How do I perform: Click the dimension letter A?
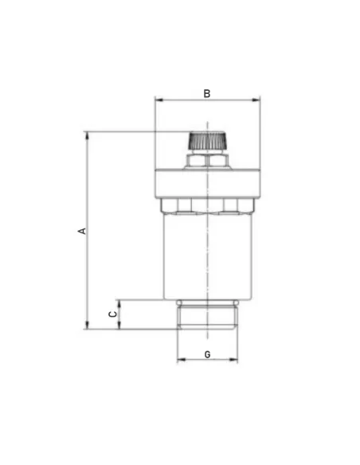(x=83, y=231)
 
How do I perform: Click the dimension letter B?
(x=207, y=93)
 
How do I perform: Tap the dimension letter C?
(x=113, y=314)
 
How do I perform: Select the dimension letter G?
(x=208, y=354)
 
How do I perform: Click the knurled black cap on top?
(x=207, y=141)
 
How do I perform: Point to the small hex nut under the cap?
(x=207, y=161)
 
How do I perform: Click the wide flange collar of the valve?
(x=208, y=183)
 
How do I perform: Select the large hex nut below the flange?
(x=208, y=205)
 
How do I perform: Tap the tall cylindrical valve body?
(x=208, y=256)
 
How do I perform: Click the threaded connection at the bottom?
(x=208, y=317)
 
